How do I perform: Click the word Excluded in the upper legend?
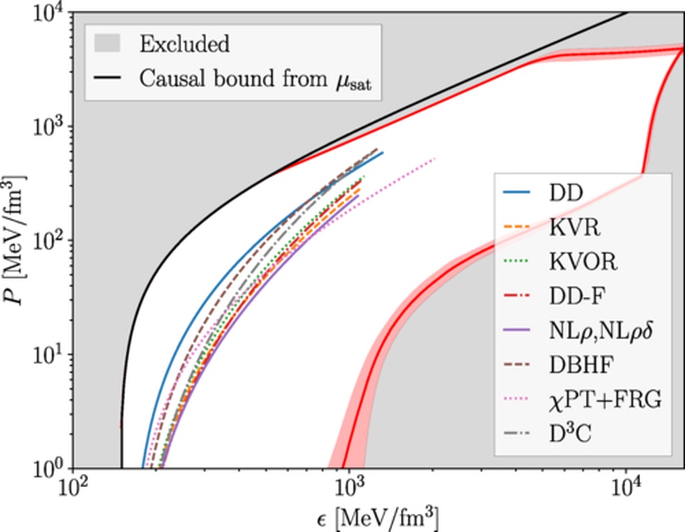tap(184, 44)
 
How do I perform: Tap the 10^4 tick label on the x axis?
tap(625, 486)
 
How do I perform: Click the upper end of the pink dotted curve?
tap(435, 159)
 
